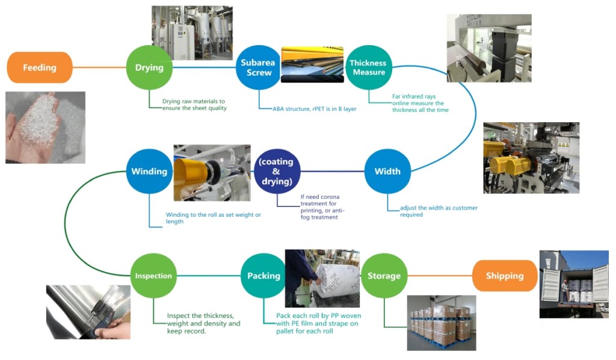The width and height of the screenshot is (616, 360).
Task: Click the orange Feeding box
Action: (40, 67)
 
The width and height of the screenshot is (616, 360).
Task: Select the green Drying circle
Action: (149, 67)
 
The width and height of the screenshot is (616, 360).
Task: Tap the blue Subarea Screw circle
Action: (256, 67)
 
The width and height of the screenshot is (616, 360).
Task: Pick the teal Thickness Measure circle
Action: (368, 67)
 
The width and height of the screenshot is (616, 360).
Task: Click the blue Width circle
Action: (387, 171)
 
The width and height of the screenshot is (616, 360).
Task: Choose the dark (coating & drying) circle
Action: (277, 171)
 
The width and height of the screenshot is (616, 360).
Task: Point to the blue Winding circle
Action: (149, 171)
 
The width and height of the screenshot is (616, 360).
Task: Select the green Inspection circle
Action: (153, 276)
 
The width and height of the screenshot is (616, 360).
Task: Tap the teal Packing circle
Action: (263, 276)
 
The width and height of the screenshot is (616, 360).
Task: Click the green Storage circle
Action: (384, 276)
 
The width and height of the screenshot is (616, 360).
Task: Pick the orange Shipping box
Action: (504, 276)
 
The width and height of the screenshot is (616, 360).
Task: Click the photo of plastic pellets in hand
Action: (45, 128)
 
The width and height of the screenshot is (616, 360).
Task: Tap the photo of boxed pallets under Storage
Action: (442, 323)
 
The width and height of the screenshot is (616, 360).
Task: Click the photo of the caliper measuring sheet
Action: (88, 312)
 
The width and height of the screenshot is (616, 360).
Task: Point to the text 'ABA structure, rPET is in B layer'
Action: (308, 109)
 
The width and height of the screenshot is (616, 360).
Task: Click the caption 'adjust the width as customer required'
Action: (439, 211)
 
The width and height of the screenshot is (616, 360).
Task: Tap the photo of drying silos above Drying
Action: (192, 33)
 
